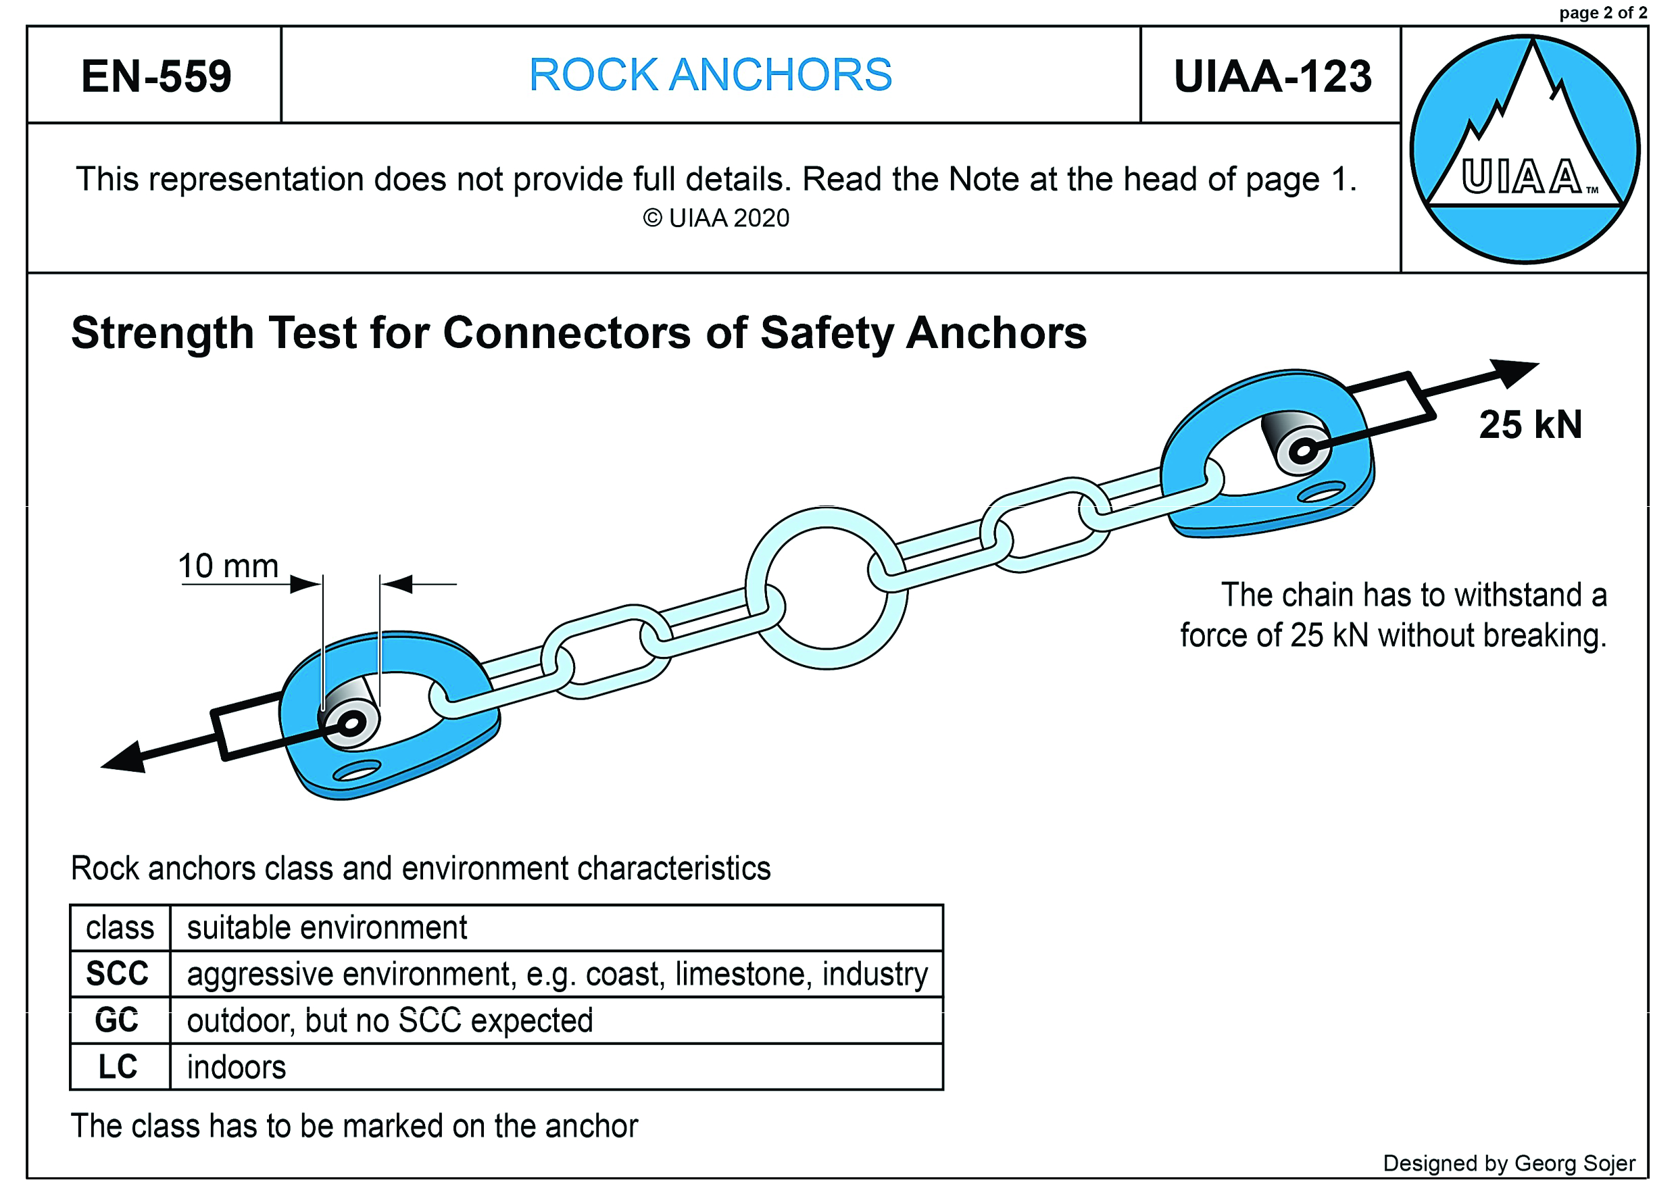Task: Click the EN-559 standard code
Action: pyautogui.click(x=155, y=76)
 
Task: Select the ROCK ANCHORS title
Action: pyautogui.click(x=710, y=74)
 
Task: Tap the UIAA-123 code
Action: pyautogui.click(x=1272, y=76)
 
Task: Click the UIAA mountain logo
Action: pyautogui.click(x=1524, y=149)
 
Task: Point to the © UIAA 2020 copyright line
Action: pyautogui.click(x=716, y=218)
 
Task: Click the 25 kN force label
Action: pyautogui.click(x=1530, y=425)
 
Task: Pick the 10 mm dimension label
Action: pyautogui.click(x=228, y=566)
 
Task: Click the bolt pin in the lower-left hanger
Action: pyautogui.click(x=352, y=724)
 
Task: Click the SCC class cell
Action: pyautogui.click(x=118, y=974)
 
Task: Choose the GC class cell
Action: pyautogui.click(x=117, y=1020)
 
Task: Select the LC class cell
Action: pyautogui.click(x=118, y=1067)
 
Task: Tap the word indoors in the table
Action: pyautogui.click(x=237, y=1068)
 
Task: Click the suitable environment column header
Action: pyautogui.click(x=327, y=928)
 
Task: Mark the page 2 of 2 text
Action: pyautogui.click(x=1602, y=12)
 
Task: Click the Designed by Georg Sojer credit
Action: pyautogui.click(x=1509, y=1163)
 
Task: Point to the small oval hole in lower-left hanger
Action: pyautogui.click(x=357, y=771)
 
